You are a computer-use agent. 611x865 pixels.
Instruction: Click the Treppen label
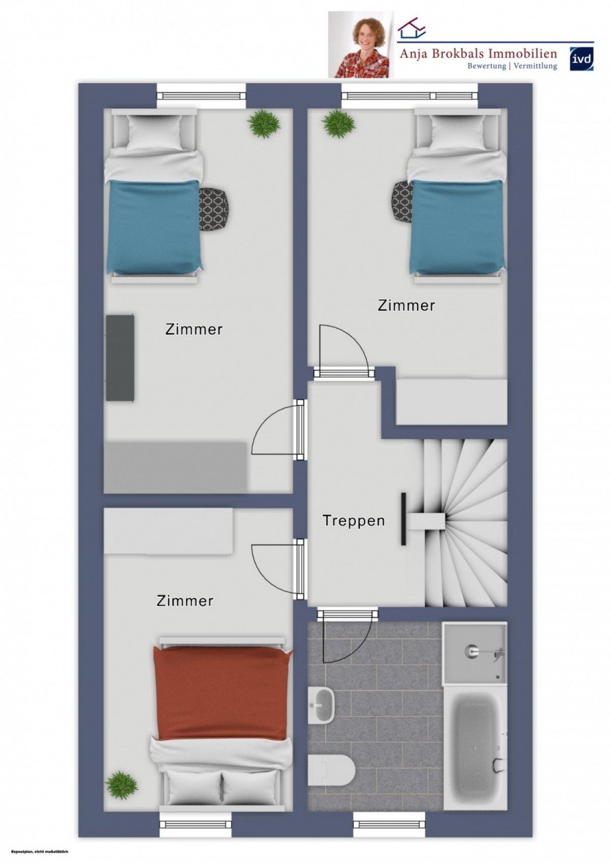pyautogui.click(x=353, y=520)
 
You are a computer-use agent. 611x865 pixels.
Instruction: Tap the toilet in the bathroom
pyautogui.click(x=331, y=770)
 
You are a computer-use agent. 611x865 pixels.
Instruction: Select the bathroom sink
pyautogui.click(x=323, y=704)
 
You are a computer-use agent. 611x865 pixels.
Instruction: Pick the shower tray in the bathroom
pyautogui.click(x=474, y=652)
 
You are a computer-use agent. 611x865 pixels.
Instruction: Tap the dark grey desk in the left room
pyautogui.click(x=120, y=357)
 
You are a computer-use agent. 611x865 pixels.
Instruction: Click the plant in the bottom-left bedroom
pyautogui.click(x=122, y=785)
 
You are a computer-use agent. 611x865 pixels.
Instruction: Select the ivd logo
pyautogui.click(x=581, y=58)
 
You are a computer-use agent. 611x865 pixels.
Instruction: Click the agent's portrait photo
pyautogui.click(x=361, y=45)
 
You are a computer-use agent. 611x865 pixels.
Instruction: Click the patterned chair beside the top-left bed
pyautogui.click(x=214, y=209)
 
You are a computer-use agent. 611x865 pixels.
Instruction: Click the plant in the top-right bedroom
pyautogui.click(x=339, y=124)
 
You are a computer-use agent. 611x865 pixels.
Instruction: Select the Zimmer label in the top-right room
pyautogui.click(x=406, y=306)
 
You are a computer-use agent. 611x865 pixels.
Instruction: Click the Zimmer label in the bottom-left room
pyautogui.click(x=185, y=601)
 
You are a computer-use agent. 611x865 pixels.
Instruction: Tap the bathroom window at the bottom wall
pyautogui.click(x=389, y=824)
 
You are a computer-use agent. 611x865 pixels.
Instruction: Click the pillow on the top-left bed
pyautogui.click(x=154, y=133)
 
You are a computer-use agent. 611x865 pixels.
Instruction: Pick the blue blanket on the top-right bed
pyautogui.click(x=457, y=226)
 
